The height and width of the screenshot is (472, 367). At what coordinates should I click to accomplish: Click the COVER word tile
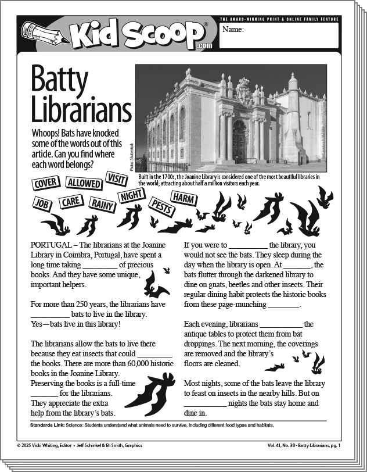pyautogui.click(x=45, y=184)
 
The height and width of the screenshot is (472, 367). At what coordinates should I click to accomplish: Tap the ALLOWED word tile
pyautogui.click(x=84, y=183)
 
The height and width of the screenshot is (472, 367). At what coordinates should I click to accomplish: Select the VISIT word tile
pyautogui.click(x=117, y=178)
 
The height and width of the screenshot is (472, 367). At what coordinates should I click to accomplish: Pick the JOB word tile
pyautogui.click(x=41, y=203)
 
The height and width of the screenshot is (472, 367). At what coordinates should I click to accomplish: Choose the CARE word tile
pyautogui.click(x=71, y=202)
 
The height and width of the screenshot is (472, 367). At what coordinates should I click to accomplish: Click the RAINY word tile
pyautogui.click(x=101, y=203)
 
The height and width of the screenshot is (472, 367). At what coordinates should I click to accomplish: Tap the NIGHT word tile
pyautogui.click(x=131, y=196)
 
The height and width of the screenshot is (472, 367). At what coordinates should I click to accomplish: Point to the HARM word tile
pyautogui.click(x=183, y=198)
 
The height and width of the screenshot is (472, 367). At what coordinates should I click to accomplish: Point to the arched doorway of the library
pyautogui.click(x=239, y=140)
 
